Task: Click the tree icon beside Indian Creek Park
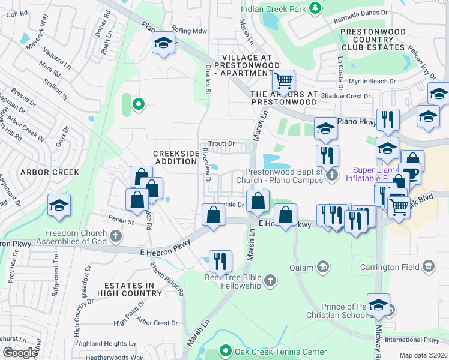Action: click(314, 8)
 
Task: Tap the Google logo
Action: click(20, 353)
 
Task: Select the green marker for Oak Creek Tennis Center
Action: click(226, 350)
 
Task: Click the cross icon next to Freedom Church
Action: click(115, 236)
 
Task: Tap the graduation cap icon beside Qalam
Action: click(323, 266)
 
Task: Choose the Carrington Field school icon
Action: click(429, 266)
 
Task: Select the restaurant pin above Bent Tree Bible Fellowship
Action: click(220, 261)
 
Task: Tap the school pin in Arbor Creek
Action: click(59, 205)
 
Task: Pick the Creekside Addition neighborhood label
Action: click(176, 157)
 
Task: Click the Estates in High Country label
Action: click(133, 289)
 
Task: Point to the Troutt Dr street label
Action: click(221, 143)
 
